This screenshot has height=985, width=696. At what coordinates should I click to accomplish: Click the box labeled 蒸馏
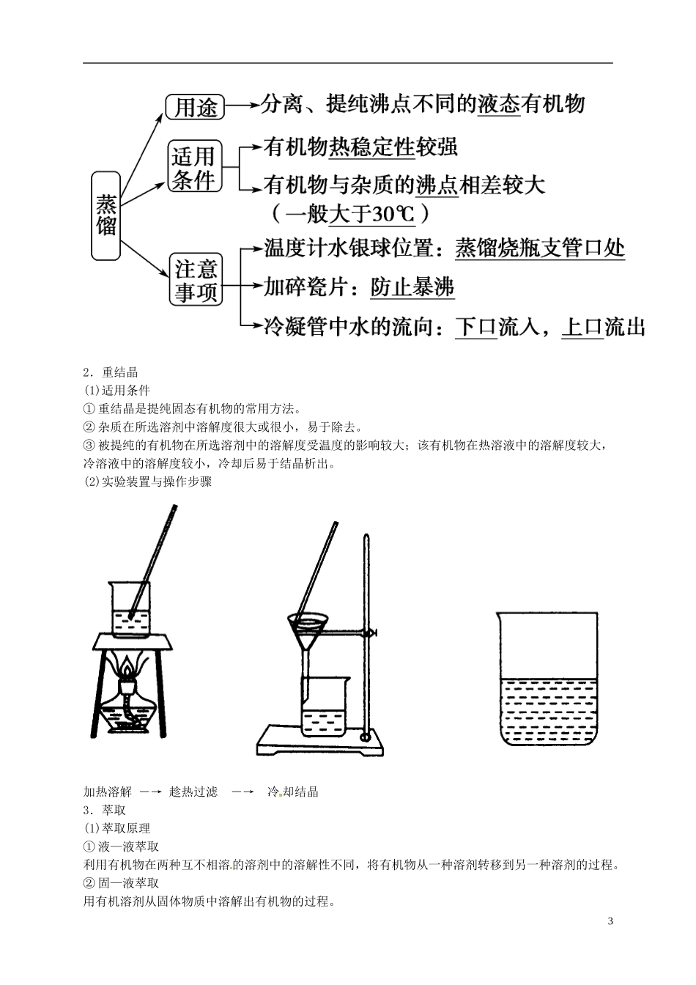click(x=106, y=215)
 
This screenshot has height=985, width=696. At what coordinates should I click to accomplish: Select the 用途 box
click(x=194, y=107)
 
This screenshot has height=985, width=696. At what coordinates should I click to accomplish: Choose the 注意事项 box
click(x=196, y=280)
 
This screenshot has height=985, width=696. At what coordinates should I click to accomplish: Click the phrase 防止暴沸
click(x=412, y=287)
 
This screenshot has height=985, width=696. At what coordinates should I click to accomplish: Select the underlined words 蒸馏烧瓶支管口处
click(x=540, y=248)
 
